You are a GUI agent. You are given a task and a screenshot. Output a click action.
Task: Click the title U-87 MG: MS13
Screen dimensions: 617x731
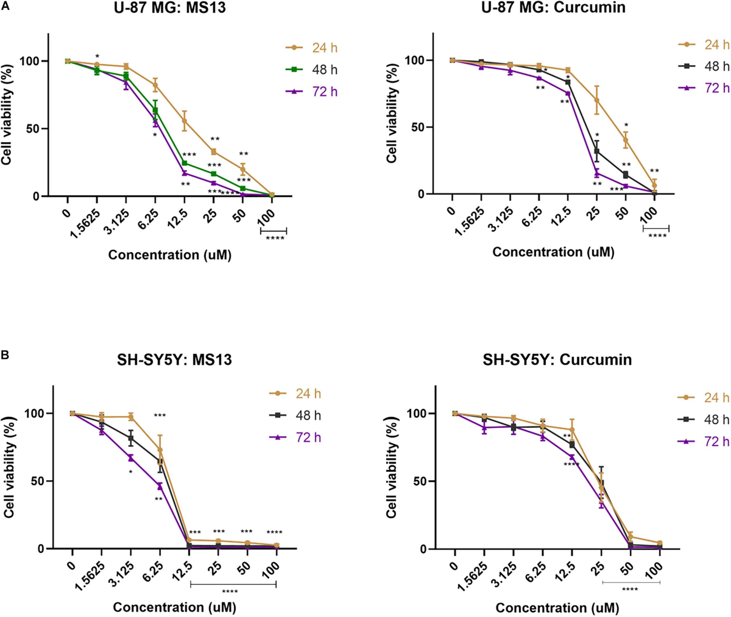(x=170, y=8)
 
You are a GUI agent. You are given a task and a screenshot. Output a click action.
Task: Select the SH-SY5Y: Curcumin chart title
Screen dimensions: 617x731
(x=557, y=360)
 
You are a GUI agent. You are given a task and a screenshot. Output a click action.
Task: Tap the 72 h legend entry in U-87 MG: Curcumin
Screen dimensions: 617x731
(x=704, y=88)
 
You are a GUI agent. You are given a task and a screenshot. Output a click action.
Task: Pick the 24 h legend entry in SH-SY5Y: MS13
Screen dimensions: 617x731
(x=295, y=394)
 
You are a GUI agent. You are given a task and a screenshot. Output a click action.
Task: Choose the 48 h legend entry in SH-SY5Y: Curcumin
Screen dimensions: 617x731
(x=704, y=419)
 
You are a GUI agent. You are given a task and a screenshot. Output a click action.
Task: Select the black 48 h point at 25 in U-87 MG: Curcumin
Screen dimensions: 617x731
(x=597, y=151)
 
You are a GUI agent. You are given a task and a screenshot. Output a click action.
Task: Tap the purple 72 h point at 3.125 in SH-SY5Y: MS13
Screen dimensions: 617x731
(x=131, y=457)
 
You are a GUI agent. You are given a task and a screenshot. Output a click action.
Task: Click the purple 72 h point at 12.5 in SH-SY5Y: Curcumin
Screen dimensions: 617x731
(x=572, y=457)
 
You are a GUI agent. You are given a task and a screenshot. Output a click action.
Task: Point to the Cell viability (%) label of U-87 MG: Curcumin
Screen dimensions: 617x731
(x=392, y=113)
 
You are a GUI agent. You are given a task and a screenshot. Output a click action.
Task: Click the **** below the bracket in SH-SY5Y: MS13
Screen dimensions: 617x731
(x=230, y=592)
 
